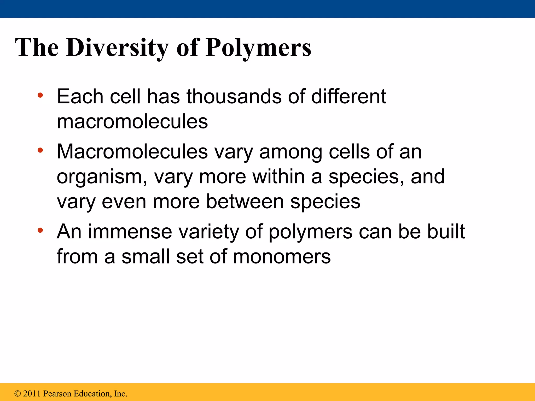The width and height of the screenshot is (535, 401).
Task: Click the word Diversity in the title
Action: click(x=117, y=48)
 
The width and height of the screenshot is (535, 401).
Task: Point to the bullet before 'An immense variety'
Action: click(x=40, y=230)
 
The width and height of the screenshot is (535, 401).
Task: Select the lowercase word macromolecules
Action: click(x=132, y=121)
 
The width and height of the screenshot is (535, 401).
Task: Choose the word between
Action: click(x=245, y=202)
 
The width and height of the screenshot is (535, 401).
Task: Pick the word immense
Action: click(x=130, y=232)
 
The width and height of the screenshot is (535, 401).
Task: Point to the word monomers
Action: click(x=282, y=257)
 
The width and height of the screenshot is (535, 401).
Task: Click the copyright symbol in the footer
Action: click(x=18, y=393)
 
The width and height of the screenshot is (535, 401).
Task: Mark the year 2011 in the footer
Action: click(x=32, y=393)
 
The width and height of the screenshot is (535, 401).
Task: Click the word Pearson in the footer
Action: click(x=57, y=393)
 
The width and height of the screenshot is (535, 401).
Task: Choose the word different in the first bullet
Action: click(x=348, y=96)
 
